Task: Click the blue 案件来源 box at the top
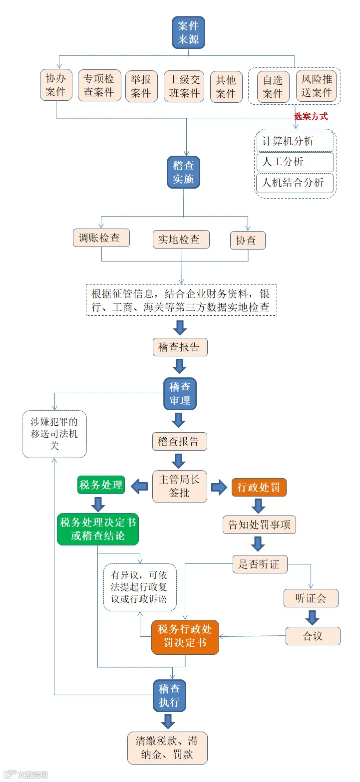(188, 32)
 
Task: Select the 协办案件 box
(55, 85)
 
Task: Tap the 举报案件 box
(141, 86)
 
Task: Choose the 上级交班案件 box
(184, 86)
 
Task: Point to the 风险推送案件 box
(317, 86)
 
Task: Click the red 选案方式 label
(311, 116)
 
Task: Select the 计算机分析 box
(295, 141)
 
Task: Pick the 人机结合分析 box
(295, 183)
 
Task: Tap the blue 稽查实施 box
(183, 172)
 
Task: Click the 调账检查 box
(101, 238)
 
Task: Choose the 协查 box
(248, 240)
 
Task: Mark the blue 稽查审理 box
(180, 394)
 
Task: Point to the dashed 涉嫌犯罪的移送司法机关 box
(54, 434)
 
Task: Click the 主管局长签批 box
(179, 486)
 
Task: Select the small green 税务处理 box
(101, 485)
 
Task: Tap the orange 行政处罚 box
(259, 487)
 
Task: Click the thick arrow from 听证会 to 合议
(312, 617)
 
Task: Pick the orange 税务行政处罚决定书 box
(185, 637)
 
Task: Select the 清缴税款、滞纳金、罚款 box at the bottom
(167, 748)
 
